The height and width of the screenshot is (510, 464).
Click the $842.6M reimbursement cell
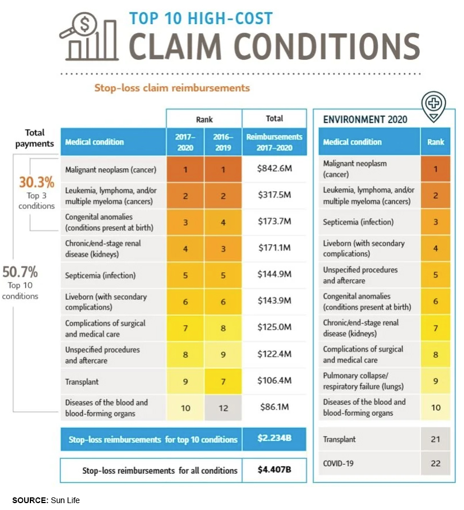pos(274,169)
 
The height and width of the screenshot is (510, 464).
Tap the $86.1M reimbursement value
pos(274,408)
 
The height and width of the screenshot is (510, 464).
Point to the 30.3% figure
pos(37,183)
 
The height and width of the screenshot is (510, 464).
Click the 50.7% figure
pos(20,271)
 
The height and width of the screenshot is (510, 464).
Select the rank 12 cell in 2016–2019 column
pos(223,408)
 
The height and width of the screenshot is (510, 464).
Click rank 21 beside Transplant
pos(435,439)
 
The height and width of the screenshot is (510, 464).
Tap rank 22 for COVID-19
pos(435,462)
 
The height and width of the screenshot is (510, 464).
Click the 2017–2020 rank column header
pos(185,142)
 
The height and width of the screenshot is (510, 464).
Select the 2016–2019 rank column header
pos(223,142)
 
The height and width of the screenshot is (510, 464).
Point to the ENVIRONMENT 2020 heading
pos(365,119)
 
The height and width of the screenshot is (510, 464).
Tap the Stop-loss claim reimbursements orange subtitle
pos(172,88)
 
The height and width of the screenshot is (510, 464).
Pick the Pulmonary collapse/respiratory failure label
pos(363,381)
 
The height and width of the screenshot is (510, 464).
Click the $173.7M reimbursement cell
pos(274,222)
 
